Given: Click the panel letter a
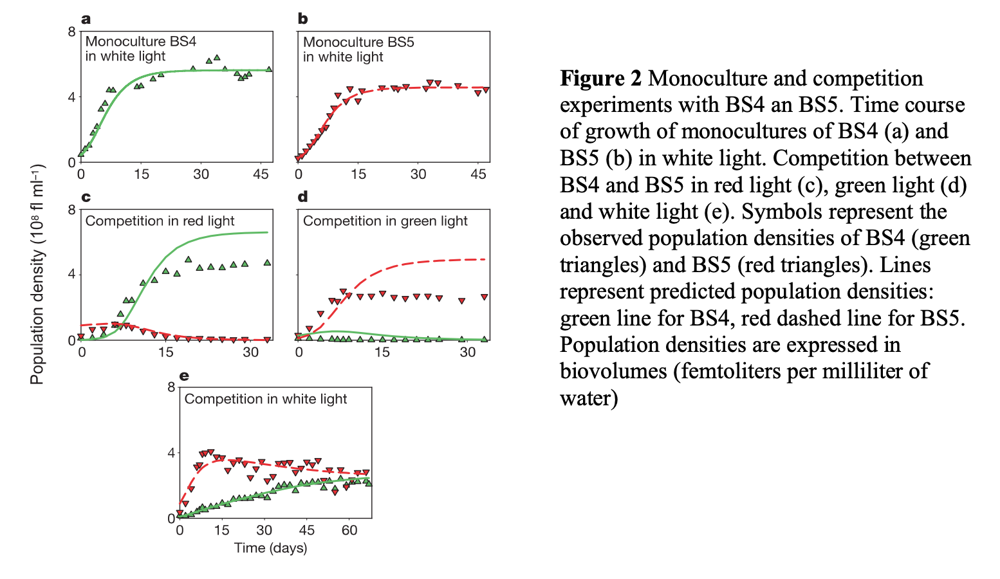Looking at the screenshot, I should [86, 19].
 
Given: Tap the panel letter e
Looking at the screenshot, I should [184, 376].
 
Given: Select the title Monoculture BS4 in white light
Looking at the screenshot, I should [140, 49].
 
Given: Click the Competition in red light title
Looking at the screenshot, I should [160, 221].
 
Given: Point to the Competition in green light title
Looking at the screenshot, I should [385, 221].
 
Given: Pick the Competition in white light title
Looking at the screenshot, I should [265, 399].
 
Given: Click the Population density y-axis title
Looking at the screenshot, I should [37, 275].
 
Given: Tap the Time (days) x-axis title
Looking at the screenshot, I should [270, 548].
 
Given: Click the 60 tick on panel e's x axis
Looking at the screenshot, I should [349, 531].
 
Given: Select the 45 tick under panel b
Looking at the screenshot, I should [478, 174].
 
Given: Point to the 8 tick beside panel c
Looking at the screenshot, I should [71, 210].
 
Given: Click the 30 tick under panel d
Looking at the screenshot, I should [467, 353].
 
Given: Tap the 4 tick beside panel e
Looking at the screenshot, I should [171, 453].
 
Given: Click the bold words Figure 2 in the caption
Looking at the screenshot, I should [600, 78].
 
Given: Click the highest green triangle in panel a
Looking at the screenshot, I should [217, 57].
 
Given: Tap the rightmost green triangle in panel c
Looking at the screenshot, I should [267, 262].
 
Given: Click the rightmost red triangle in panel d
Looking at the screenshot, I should [485, 297].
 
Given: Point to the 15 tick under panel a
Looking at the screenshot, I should [142, 174].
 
